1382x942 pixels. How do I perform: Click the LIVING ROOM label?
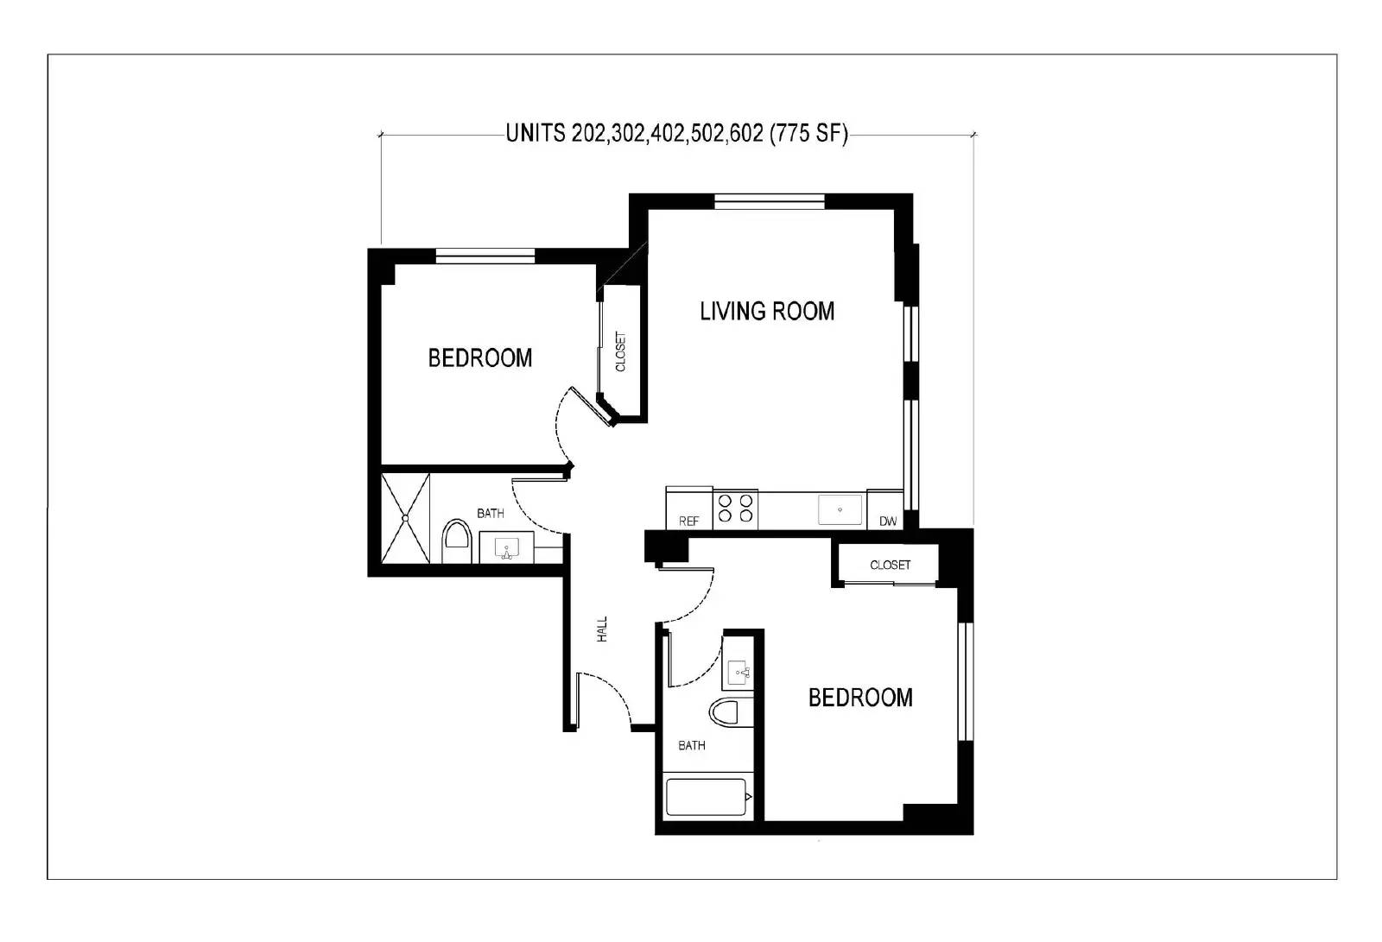pos(767,311)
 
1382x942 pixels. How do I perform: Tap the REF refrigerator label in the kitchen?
pos(688,522)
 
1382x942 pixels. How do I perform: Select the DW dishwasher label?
pos(887,522)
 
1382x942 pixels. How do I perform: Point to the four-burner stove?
pos(735,509)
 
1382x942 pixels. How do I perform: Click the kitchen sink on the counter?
pos(840,509)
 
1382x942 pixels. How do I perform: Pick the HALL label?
pos(602,629)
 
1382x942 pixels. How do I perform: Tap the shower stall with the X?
pos(406,518)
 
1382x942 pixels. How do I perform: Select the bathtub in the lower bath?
pos(706,798)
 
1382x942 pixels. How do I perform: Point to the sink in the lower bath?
pos(739,671)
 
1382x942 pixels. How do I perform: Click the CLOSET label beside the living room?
pos(620,352)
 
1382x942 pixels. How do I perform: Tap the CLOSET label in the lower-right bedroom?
pos(890,565)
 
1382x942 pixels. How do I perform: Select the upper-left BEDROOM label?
pos(480,357)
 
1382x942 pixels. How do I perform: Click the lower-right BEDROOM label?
pos(860,698)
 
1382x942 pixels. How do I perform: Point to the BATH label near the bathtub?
pos(691,745)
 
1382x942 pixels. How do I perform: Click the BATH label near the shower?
pos(491,513)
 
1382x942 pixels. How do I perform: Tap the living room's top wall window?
pos(770,202)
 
